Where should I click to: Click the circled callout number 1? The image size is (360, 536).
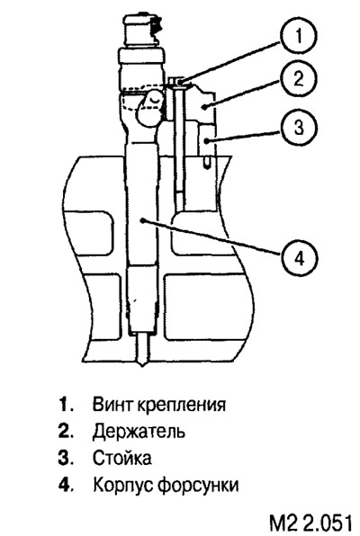tap(299, 36)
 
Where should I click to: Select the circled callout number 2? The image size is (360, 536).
tap(299, 79)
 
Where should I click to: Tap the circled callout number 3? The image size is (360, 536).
tap(299, 127)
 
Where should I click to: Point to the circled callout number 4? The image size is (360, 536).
tap(300, 258)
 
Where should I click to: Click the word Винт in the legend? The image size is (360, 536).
tap(112, 405)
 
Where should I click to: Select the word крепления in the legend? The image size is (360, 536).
tap(182, 406)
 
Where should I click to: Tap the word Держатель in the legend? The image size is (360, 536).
tap(139, 432)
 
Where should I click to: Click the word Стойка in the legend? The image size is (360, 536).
tap(122, 458)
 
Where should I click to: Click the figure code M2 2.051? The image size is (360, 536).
tap(310, 523)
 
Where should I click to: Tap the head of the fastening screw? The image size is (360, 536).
tap(176, 81)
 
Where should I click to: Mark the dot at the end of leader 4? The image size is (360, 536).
tap(144, 221)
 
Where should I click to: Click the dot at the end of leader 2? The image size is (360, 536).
tap(204, 107)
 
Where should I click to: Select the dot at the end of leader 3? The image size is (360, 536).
tap(206, 140)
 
